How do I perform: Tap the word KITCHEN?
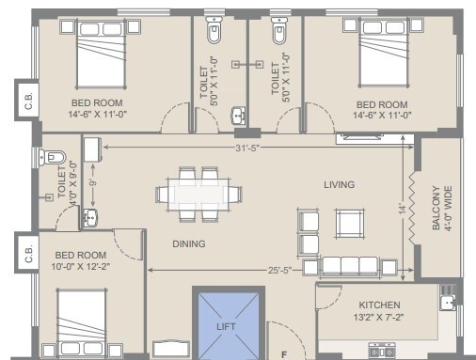tap(379, 305)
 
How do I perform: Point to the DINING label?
tap(188, 243)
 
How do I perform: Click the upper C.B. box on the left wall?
tap(28, 103)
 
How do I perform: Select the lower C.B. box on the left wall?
tap(28, 252)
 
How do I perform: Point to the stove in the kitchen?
tap(381, 352)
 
